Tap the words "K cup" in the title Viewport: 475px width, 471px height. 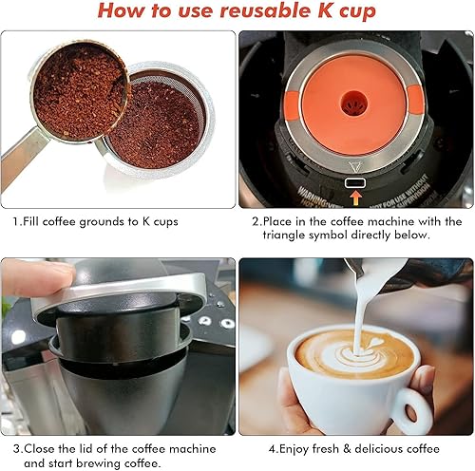point(345,12)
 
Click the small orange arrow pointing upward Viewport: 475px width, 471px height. point(355,198)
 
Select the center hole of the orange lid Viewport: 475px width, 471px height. point(356,100)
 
